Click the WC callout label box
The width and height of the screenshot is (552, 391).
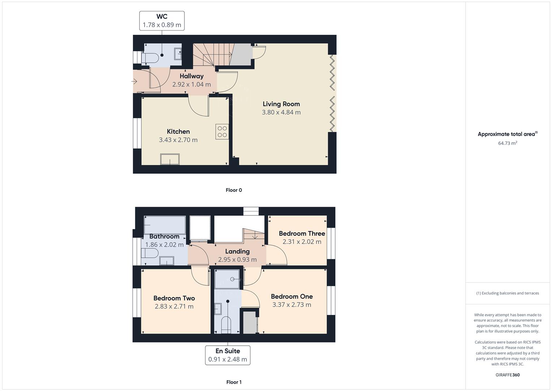tap(162, 21)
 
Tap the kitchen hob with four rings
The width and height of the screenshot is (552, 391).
tap(222, 132)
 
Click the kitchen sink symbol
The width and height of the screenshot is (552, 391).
tap(170, 159)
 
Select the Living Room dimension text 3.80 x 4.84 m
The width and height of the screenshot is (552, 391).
tap(281, 112)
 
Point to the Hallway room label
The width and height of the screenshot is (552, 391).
tap(192, 76)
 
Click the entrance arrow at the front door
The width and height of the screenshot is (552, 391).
tap(134, 82)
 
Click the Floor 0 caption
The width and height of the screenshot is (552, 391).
tap(234, 190)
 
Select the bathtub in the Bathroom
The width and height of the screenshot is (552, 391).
tap(165, 225)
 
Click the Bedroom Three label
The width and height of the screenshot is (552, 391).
tap(302, 234)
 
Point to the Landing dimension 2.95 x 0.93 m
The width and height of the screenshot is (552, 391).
tap(237, 260)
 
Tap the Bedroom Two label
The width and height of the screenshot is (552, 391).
tap(174, 298)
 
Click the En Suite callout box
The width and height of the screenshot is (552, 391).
tap(228, 355)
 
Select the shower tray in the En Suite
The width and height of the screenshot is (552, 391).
tap(227, 279)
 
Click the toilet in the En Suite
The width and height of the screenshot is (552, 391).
tap(226, 324)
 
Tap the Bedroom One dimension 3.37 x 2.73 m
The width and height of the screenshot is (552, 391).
tap(292, 305)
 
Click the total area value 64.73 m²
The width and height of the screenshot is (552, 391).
tap(508, 143)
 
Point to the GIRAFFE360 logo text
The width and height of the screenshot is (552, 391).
tap(508, 375)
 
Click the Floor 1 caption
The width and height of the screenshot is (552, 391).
tap(234, 382)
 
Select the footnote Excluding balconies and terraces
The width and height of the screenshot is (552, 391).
tap(508, 293)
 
